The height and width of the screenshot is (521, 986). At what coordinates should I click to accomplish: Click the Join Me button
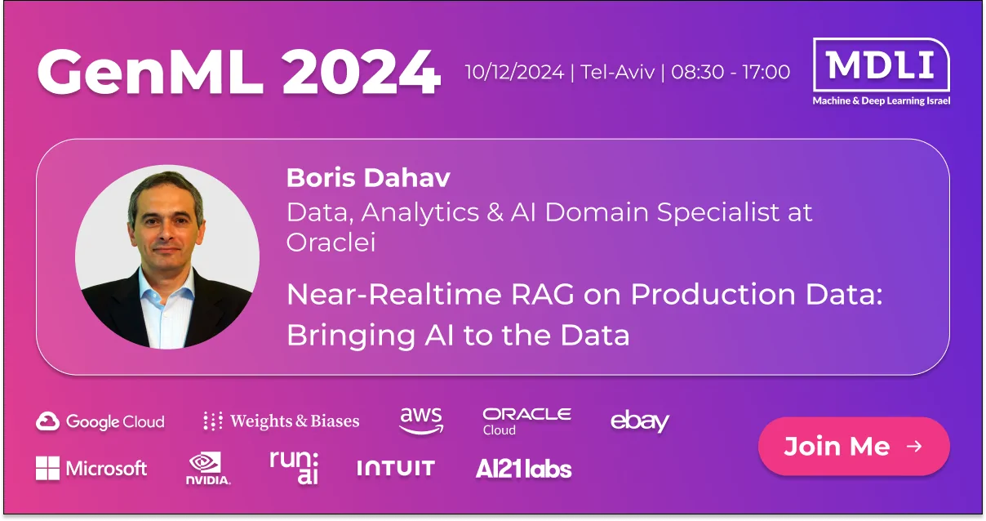[x=854, y=446]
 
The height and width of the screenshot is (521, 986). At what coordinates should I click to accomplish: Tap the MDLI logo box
[x=881, y=65]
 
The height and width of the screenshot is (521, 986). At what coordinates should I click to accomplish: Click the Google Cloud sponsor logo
[x=100, y=421]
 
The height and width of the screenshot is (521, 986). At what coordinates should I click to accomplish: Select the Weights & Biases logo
[x=282, y=421]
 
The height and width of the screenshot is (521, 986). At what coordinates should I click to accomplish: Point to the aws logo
[x=421, y=421]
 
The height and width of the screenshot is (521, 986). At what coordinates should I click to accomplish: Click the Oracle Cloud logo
[x=527, y=421]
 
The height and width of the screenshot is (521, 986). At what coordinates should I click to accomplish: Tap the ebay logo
[x=640, y=421]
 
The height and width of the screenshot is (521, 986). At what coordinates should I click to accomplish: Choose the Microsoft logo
[x=91, y=468]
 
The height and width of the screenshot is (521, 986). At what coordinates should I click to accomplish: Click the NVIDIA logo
[x=208, y=468]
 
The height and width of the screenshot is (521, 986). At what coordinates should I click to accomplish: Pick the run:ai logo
[x=294, y=467]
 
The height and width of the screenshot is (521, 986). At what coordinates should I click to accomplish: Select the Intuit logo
[x=396, y=468]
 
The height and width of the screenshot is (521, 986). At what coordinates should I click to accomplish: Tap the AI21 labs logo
[x=523, y=469]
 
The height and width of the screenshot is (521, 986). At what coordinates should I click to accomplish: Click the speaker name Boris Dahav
[x=368, y=178]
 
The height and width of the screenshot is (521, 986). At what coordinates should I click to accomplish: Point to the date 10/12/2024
[x=514, y=72]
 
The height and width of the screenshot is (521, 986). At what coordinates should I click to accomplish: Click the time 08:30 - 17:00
[x=731, y=72]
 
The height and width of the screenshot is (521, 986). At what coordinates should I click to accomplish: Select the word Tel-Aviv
[x=618, y=72]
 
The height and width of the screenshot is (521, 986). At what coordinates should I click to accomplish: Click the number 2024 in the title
[x=361, y=72]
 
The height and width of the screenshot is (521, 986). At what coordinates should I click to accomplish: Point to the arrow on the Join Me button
[x=914, y=447]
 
